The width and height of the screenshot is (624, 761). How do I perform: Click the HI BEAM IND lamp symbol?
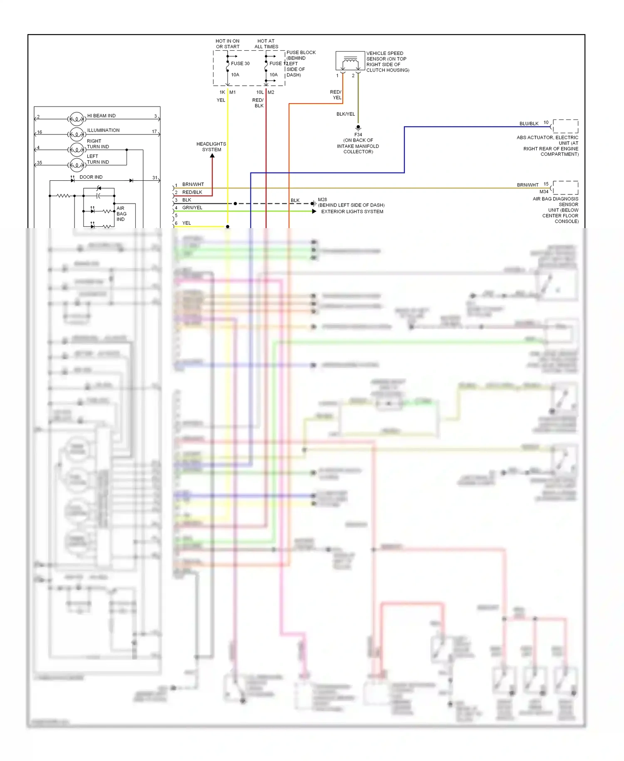(x=77, y=119)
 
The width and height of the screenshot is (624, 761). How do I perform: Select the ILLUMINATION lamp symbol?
(x=77, y=134)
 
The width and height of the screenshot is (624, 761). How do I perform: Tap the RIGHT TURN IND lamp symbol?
(x=77, y=149)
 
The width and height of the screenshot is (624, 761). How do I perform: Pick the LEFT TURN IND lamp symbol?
(x=77, y=165)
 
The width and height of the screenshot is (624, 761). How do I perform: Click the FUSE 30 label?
(x=240, y=64)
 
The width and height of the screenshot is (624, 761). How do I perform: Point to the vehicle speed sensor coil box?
(x=350, y=62)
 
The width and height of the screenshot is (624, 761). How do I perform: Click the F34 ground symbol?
(x=358, y=127)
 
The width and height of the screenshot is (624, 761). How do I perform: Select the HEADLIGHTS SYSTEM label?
(x=211, y=147)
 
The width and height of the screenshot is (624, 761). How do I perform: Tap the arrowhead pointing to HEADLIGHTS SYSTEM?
(x=212, y=156)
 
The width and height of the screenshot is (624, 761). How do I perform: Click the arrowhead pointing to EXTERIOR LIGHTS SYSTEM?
(x=314, y=211)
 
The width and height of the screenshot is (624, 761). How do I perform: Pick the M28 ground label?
(x=322, y=200)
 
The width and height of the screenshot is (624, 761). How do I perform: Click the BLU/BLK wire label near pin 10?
(x=529, y=124)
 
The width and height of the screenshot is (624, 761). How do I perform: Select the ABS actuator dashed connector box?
(x=565, y=126)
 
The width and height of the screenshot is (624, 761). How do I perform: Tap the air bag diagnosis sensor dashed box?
(x=565, y=188)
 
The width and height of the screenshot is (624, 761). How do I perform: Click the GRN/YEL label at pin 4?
(x=192, y=208)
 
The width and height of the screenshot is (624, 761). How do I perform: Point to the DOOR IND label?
(x=91, y=177)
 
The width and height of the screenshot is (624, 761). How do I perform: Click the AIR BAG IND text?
(x=121, y=214)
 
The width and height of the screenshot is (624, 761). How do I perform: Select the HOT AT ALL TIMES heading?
(x=266, y=44)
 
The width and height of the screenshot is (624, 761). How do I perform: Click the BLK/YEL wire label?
(x=346, y=114)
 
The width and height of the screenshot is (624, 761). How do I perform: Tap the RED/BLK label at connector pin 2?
(x=192, y=192)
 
